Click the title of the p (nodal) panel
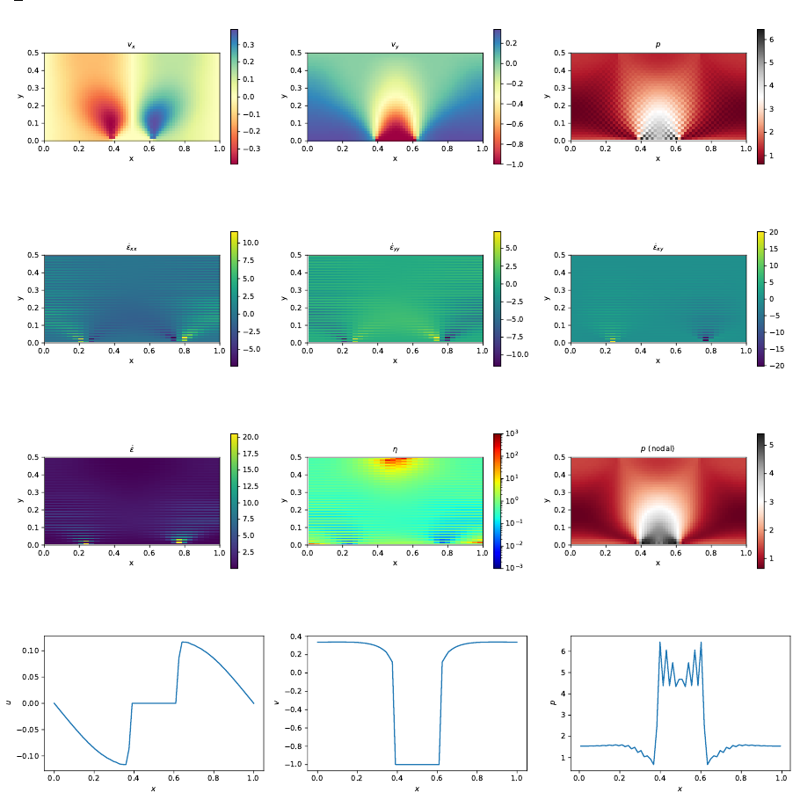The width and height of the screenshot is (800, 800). (x=658, y=449)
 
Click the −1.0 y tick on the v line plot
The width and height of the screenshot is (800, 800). (x=295, y=764)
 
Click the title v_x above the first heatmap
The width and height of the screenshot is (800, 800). (x=131, y=45)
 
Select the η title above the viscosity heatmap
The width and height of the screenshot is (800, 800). (x=395, y=449)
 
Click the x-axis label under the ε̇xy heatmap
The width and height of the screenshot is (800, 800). (x=658, y=360)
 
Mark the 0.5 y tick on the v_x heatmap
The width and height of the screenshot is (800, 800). (x=33, y=53)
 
